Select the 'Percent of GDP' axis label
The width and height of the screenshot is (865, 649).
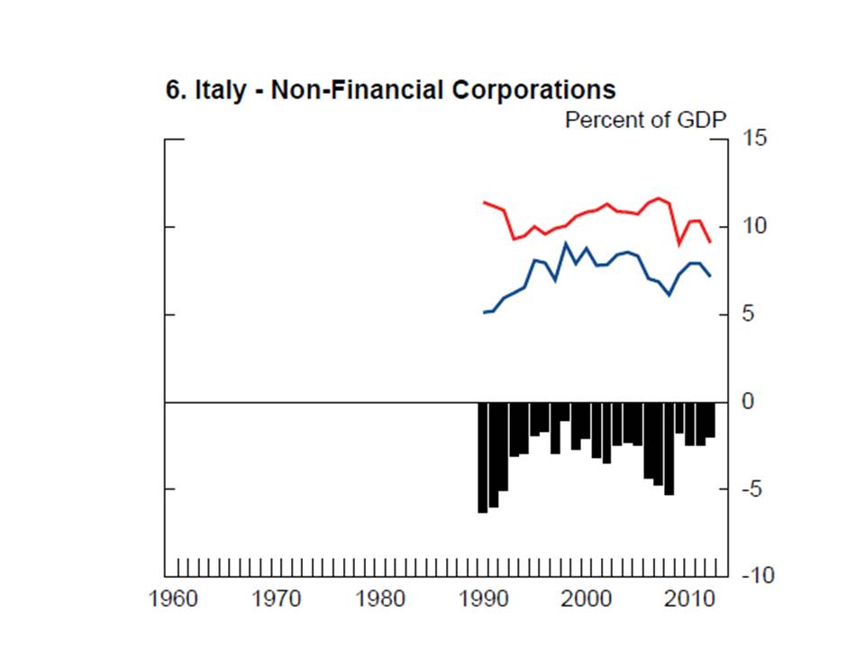645,120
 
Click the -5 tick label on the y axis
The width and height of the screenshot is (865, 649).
752,489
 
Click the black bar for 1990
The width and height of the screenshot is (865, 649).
483,457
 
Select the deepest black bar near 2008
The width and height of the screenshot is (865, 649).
669,448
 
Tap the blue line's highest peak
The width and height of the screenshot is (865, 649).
566,243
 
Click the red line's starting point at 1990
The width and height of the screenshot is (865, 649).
484,202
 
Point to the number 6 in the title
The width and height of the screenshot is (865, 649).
172,91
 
